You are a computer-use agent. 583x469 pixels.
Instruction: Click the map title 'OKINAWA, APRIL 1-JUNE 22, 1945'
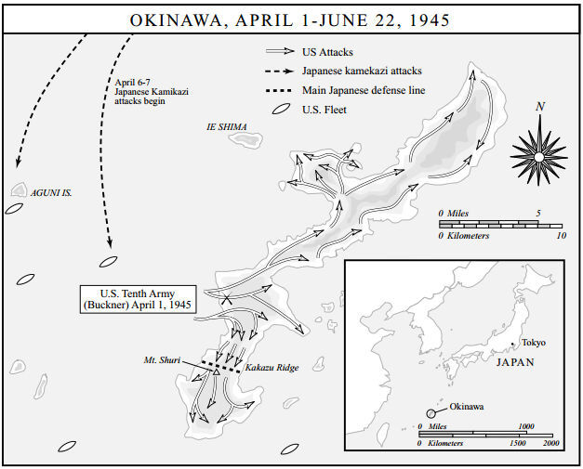click(x=291, y=18)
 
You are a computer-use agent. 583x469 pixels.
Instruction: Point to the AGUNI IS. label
click(x=52, y=193)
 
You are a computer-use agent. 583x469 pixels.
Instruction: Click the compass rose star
click(x=538, y=150)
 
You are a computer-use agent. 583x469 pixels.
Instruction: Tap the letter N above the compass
click(x=540, y=107)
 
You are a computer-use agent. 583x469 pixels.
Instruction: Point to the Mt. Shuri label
click(x=163, y=358)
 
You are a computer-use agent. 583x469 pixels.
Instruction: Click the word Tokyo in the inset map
click(x=534, y=342)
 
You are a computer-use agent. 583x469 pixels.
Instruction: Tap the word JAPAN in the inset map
click(x=516, y=362)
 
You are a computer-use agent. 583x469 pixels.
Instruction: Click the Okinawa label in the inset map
click(x=467, y=406)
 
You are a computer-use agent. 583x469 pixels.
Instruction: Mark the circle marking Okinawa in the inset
click(x=432, y=413)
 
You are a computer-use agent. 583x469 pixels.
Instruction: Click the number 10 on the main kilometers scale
click(x=561, y=237)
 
